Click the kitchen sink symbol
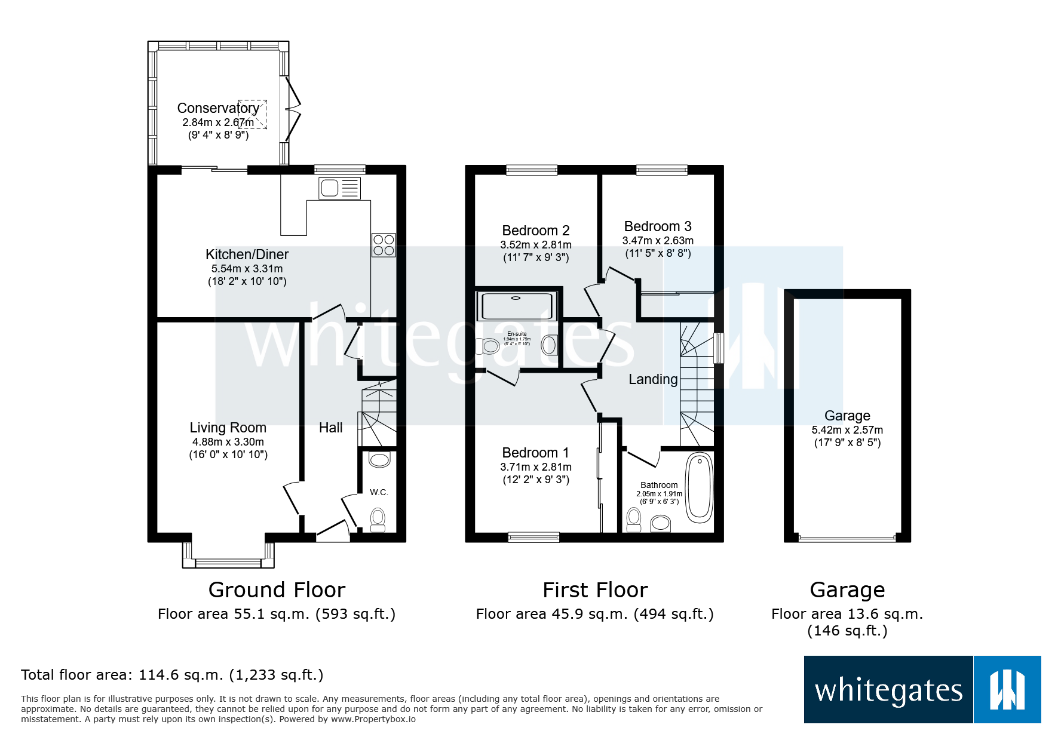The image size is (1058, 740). (339, 188)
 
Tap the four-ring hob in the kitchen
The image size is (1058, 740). (384, 245)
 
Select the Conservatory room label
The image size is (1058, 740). (218, 108)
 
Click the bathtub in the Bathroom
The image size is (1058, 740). (699, 487)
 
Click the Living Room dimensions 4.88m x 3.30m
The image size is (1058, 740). (228, 442)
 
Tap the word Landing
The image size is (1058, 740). (653, 379)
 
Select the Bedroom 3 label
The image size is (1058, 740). (658, 226)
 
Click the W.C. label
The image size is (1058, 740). (379, 492)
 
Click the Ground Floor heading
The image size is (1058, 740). (277, 590)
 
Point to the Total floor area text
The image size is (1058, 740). (172, 675)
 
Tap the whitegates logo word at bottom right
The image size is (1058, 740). (888, 690)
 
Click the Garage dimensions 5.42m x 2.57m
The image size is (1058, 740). (847, 430)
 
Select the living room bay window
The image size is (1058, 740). (228, 561)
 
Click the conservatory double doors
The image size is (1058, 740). (293, 109)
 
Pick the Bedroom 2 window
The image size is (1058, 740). (532, 170)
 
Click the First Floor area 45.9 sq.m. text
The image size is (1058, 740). (594, 614)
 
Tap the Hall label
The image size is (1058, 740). (330, 428)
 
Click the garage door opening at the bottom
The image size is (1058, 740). (847, 538)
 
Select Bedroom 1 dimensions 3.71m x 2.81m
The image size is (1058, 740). (536, 467)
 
